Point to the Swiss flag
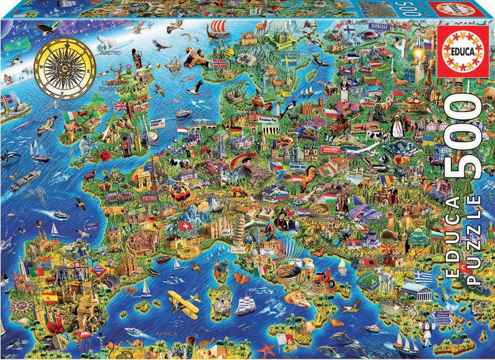pos(184,226)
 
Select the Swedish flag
pos(289,60)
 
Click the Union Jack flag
pos(120,106)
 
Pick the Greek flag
pos(423,277)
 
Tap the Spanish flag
pos(50,297)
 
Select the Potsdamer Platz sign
pos(267,120)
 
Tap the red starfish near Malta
pos(266,350)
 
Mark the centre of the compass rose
pos(64,69)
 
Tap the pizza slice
pos(297,298)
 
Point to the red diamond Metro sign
pos(98,270)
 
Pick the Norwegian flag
pos(219,63)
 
